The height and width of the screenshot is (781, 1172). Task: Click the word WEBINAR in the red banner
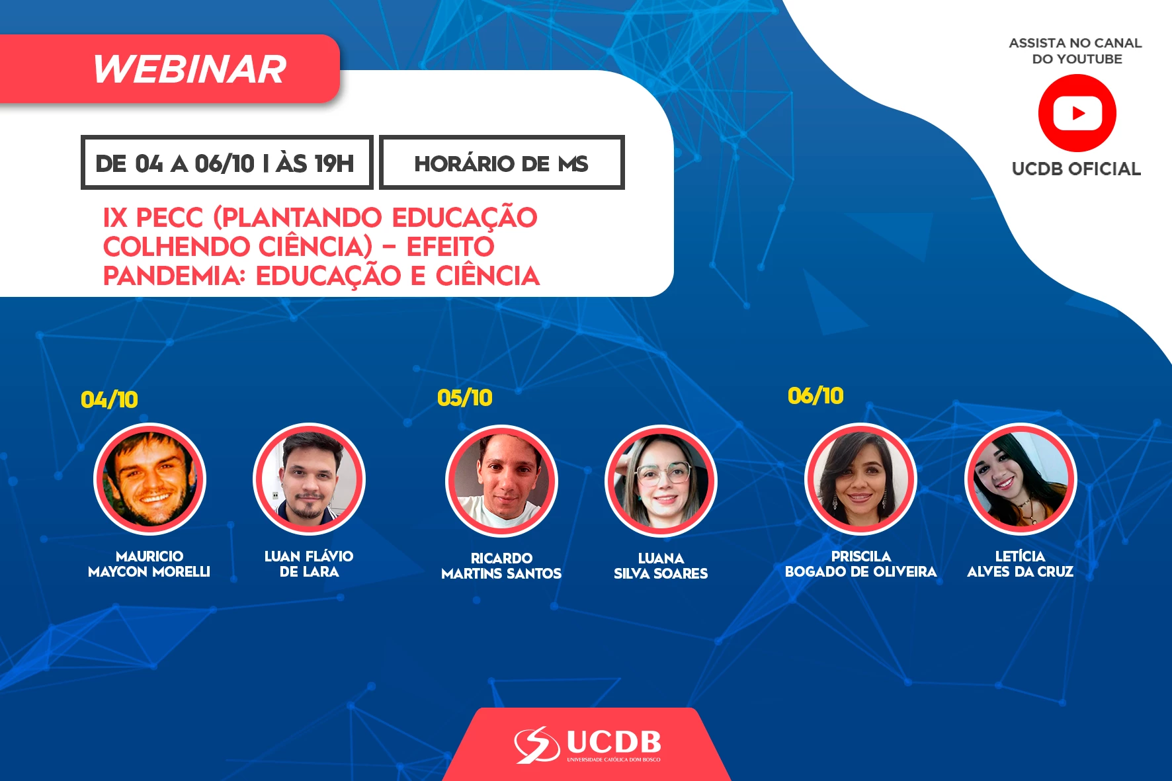pos(190,69)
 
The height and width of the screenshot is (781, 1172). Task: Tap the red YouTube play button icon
pos(1077,113)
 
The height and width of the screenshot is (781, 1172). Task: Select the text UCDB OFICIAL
pos(1077,169)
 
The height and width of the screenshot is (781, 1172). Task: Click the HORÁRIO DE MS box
pos(502,163)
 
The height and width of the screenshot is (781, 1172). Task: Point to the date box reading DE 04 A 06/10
pos(227,163)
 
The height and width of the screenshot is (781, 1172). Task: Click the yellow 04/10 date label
pos(109,399)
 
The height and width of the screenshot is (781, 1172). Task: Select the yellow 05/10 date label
pos(465,397)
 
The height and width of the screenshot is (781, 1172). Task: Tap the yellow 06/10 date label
pos(816,395)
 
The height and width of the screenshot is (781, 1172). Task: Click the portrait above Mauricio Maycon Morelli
pos(149,479)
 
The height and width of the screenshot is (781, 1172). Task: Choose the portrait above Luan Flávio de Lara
pos(309,479)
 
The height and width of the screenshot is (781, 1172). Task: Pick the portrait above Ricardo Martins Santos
pos(501,481)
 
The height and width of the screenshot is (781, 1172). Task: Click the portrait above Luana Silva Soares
pos(661,481)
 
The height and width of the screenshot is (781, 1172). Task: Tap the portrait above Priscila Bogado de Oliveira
pos(860,479)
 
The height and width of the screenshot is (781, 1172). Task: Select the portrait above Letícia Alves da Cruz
pos(1021,479)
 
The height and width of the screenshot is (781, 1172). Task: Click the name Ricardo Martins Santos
pos(501,566)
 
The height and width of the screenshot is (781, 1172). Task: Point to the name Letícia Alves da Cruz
pos(1021,564)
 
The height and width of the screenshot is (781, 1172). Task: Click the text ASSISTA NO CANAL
pos(1075,43)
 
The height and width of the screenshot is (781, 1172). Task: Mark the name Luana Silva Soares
pos(661,566)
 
